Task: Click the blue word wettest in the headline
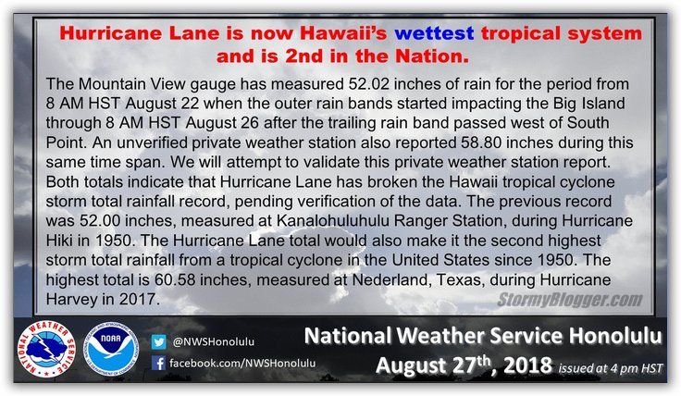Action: click(x=434, y=33)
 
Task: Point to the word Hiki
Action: click(x=59, y=241)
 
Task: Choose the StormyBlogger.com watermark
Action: click(x=569, y=300)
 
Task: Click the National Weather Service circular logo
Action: click(x=46, y=350)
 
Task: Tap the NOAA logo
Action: click(x=111, y=349)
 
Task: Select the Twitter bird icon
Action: click(x=158, y=342)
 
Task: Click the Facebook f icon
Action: click(x=158, y=363)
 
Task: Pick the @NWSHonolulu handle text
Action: click(x=214, y=342)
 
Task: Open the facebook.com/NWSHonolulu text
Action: click(x=242, y=363)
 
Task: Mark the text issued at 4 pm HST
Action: click(x=611, y=368)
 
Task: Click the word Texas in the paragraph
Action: click(x=460, y=279)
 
